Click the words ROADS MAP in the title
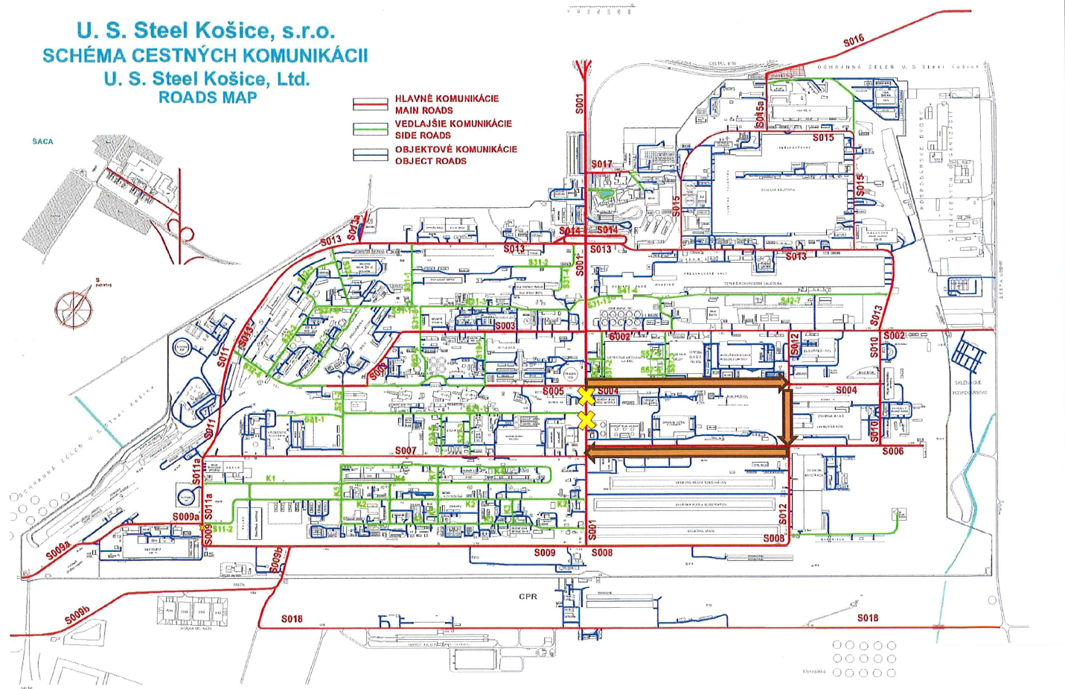click(x=208, y=98)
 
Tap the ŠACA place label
click(x=42, y=142)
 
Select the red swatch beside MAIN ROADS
click(x=370, y=104)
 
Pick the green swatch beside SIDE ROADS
click(x=370, y=129)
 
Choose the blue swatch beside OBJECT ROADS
click(x=370, y=155)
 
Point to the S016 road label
click(x=854, y=41)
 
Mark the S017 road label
click(x=601, y=164)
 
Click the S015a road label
click(x=760, y=115)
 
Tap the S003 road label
click(x=505, y=326)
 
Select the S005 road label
click(x=553, y=391)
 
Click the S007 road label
click(x=406, y=451)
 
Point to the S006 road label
click(x=893, y=451)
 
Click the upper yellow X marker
click(x=586, y=396)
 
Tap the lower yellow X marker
click(x=586, y=420)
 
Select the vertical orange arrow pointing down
click(x=787, y=417)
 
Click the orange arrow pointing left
click(x=685, y=451)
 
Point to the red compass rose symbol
click(x=74, y=308)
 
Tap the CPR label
click(x=528, y=597)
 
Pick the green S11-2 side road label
click(x=223, y=530)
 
